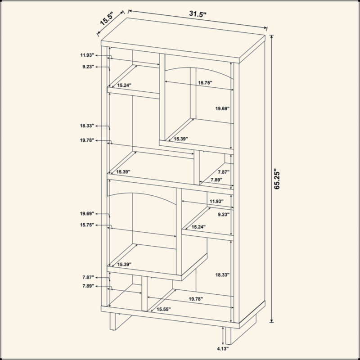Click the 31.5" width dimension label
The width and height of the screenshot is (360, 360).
(198, 14)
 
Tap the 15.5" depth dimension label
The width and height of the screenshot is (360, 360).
(107, 19)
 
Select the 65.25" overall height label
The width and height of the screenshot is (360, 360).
(277, 179)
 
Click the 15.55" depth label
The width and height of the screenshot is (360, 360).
(163, 309)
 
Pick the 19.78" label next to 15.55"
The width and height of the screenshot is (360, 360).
(196, 299)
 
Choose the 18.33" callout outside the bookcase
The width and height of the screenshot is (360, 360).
(87, 126)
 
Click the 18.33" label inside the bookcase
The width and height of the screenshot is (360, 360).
(222, 274)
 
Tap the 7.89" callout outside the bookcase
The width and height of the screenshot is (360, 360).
(88, 286)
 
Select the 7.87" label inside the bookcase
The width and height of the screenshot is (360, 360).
(224, 172)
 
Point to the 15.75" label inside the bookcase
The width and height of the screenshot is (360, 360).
(205, 83)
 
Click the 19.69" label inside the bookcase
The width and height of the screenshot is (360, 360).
(222, 108)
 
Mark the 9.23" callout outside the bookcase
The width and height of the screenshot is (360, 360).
(88, 67)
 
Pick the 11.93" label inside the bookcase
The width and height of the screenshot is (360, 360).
(216, 201)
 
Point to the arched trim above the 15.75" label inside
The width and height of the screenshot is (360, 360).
(199, 72)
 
